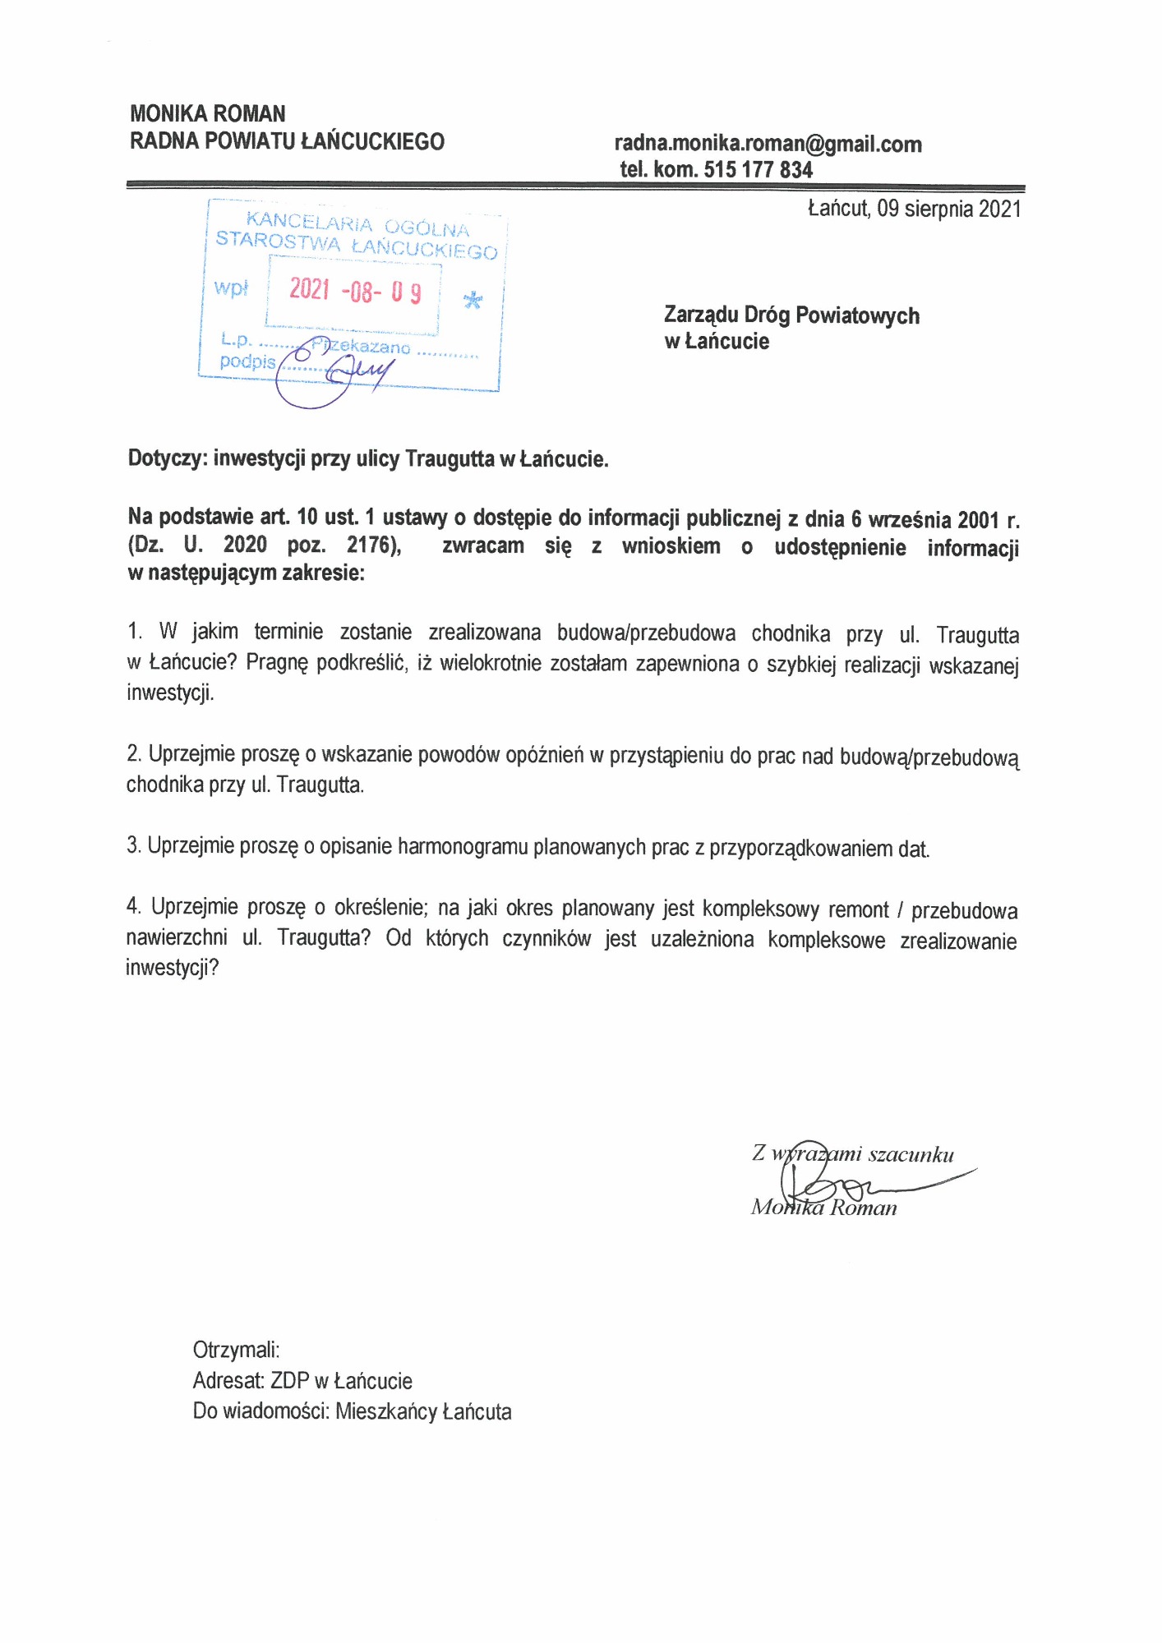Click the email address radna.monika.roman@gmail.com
[x=768, y=145]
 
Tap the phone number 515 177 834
[x=758, y=170]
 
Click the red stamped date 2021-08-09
[x=355, y=290]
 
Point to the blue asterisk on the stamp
[x=473, y=300]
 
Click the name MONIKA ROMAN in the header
[x=208, y=113]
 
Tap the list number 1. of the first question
[x=135, y=632]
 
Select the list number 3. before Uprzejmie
[x=134, y=845]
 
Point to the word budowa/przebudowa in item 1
[x=646, y=633]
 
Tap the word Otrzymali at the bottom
[x=236, y=1350]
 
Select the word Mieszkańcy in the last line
[x=386, y=1412]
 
